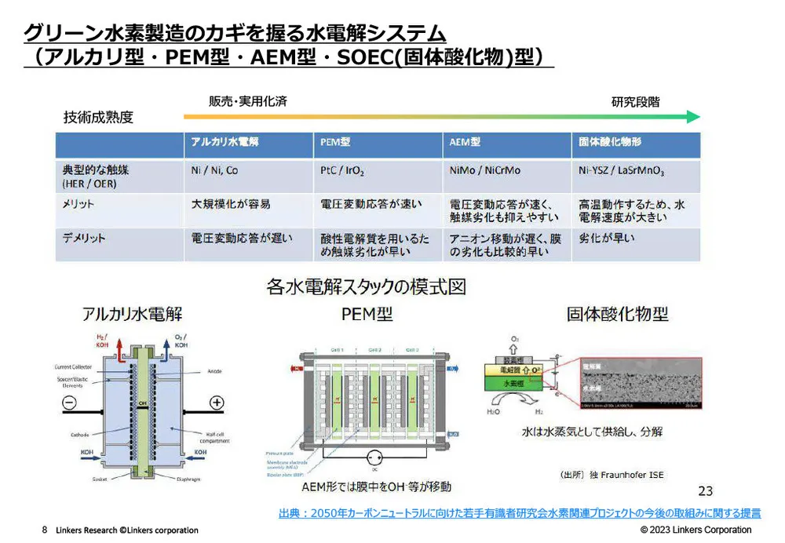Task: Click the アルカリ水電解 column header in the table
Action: [225, 143]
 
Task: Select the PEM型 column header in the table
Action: [335, 143]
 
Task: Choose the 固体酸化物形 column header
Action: [610, 143]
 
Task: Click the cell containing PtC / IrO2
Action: [342, 169]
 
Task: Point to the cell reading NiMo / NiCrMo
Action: [484, 169]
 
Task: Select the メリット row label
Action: [78, 204]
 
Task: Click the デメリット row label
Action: [84, 237]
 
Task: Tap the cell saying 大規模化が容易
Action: [231, 204]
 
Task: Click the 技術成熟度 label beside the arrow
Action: [98, 118]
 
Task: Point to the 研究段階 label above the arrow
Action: [635, 102]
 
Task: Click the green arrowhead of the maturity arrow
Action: [692, 117]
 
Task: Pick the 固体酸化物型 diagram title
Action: [617, 315]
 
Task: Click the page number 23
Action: [705, 491]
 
